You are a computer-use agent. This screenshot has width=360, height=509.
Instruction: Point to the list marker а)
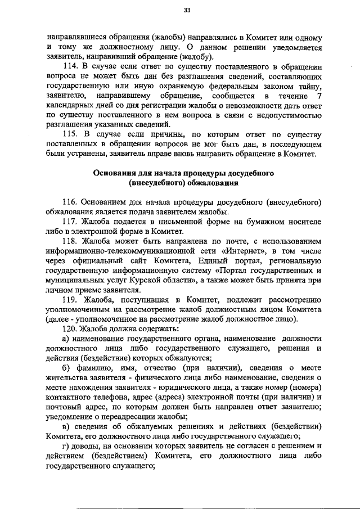point(66,338)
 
